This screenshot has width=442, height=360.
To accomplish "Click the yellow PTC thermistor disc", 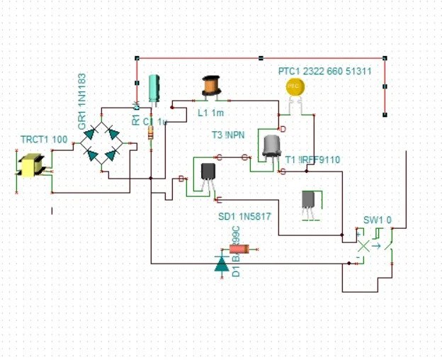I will tap(295, 86).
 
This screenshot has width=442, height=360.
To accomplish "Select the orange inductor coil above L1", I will tap(210, 86).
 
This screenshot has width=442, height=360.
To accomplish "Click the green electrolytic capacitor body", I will tap(153, 91).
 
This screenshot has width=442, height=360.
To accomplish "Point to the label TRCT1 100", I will tap(45, 140).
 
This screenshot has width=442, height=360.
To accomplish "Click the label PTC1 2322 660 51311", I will tap(324, 72).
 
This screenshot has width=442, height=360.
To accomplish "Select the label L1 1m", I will tap(210, 112).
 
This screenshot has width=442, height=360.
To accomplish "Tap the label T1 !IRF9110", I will tap(312, 160).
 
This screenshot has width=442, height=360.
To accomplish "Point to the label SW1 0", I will tap(378, 220).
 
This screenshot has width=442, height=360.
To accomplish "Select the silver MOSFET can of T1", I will tap(271, 146).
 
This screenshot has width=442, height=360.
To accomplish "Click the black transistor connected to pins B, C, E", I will tap(208, 172).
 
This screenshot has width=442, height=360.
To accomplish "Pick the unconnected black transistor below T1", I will tap(309, 200).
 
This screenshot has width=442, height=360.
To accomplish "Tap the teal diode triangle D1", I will tap(221, 264).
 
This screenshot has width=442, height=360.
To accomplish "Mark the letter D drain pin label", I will tap(283, 129).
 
